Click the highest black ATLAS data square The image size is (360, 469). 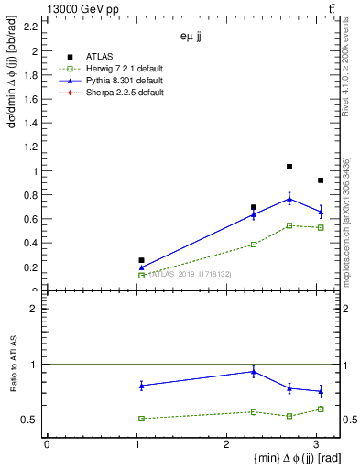pos(289,167)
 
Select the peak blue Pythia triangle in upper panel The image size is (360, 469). pos(289,199)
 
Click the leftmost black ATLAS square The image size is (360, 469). pos(141,260)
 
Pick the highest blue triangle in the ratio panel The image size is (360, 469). pos(254,372)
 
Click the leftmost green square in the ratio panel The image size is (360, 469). pos(141,419)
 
